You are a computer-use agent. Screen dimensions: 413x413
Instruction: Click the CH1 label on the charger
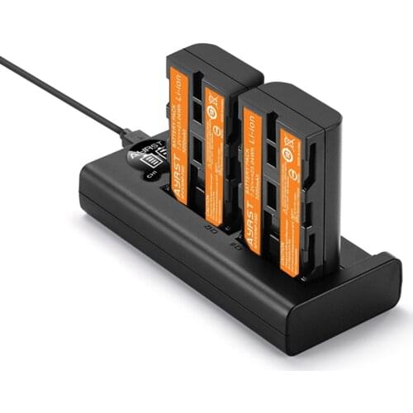point(150,174)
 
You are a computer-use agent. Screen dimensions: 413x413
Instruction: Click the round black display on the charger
point(147,159)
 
